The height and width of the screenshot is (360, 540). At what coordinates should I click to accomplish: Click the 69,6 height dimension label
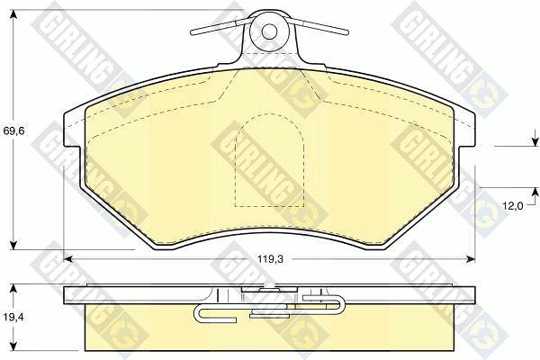[13, 131]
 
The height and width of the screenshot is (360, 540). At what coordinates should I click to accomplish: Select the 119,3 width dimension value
[270, 259]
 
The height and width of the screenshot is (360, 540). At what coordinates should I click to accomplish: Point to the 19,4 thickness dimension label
[13, 317]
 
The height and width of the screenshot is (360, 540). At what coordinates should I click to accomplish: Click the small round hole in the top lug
[269, 31]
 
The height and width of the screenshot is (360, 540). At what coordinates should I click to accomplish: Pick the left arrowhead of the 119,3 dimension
[68, 258]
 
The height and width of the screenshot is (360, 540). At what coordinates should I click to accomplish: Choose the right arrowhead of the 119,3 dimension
[471, 258]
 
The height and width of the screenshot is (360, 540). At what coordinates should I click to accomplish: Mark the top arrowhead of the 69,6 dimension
[13, 14]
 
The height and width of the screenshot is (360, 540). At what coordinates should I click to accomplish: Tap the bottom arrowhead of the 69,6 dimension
[13, 245]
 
